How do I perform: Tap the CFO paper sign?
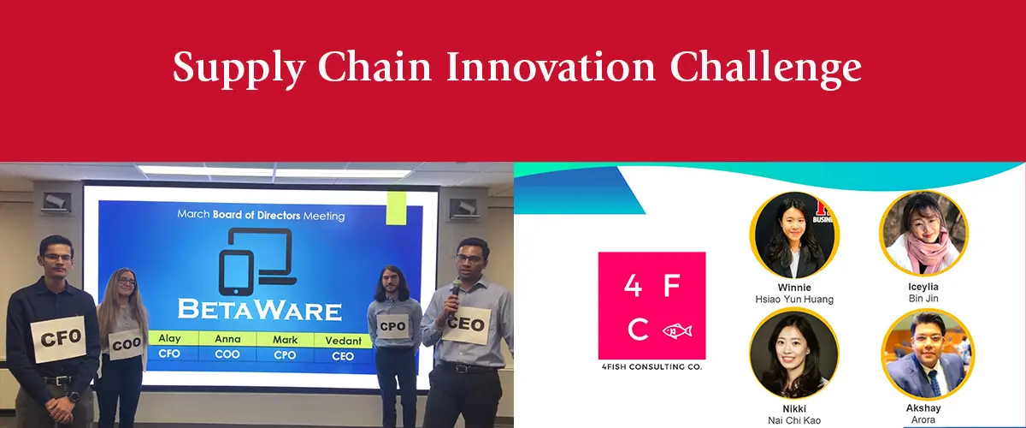[x=59, y=338]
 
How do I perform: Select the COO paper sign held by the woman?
[x=125, y=344]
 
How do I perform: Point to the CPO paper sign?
[x=392, y=326]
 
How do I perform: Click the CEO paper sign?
[x=466, y=324]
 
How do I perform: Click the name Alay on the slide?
[x=169, y=338]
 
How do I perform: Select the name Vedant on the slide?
[x=343, y=341]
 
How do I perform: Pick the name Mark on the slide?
[x=285, y=340]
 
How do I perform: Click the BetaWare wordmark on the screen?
[x=260, y=310]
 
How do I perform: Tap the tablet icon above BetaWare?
[x=236, y=273]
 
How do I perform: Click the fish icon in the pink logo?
[x=677, y=330]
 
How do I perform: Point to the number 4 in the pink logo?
[x=633, y=286]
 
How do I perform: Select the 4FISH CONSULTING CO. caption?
[x=652, y=366]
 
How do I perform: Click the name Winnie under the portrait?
[x=794, y=288]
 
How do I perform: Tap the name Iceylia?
[x=923, y=287]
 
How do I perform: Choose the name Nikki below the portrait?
[x=794, y=408]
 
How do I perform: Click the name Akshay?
[x=923, y=407]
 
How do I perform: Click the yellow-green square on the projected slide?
[x=396, y=208]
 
